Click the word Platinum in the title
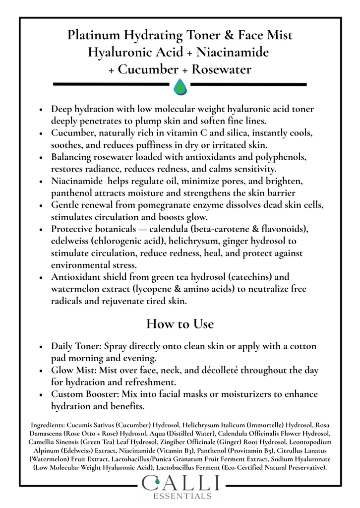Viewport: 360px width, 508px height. [94, 35]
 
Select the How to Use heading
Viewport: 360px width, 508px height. [180, 324]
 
